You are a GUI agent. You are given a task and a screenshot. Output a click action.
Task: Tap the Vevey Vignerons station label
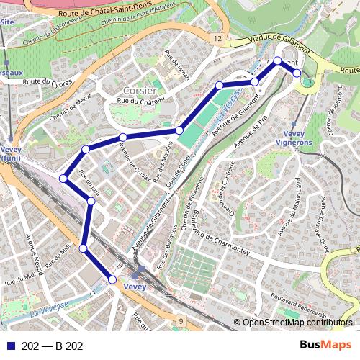click(294, 138)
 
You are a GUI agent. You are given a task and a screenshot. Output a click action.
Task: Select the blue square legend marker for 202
click(9, 346)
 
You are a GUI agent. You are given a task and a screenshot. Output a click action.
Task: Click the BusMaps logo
click(325, 346)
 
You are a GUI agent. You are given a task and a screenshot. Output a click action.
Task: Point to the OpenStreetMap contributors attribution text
click(297, 323)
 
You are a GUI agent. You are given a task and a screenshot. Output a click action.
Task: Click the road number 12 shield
click(216, 37)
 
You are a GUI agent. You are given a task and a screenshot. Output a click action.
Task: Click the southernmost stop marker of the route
click(112, 279)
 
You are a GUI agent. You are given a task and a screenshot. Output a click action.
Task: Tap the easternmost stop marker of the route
click(296, 73)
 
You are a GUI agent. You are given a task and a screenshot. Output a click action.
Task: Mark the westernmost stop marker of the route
click(63, 178)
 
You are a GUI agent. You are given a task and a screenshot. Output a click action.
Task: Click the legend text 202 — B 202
click(53, 346)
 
